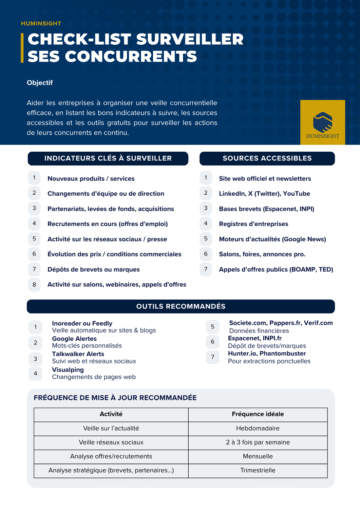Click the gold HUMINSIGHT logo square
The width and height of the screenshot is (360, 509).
coord(322,122)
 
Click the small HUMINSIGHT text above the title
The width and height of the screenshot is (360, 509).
coord(41,23)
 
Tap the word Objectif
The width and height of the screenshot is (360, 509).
coord(40,83)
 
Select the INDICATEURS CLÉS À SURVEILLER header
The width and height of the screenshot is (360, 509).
coord(108,158)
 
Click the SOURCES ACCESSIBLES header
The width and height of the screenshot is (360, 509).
coord(267,158)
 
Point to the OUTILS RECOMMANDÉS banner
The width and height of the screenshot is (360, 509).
coord(181,306)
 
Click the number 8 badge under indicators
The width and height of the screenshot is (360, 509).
coord(34,285)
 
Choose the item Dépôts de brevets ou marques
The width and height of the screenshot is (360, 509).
coord(93,269)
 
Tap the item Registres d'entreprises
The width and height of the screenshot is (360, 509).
coord(253,224)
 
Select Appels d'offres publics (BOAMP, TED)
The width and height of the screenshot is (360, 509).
coord(276,269)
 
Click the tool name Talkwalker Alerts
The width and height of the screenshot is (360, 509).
coord(78,354)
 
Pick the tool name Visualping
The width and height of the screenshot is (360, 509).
coord(68,370)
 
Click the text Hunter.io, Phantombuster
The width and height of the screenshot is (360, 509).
coord(267,354)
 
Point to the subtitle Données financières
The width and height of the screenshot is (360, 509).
coord(259,331)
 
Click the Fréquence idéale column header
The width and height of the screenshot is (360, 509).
coord(258,414)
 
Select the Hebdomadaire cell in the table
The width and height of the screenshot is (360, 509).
coord(258,428)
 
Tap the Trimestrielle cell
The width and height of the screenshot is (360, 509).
coord(258,470)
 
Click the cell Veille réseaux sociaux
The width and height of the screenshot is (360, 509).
coord(111,442)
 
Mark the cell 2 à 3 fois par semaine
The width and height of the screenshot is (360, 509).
coord(258,442)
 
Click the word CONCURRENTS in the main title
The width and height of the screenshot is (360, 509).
coord(131,56)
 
